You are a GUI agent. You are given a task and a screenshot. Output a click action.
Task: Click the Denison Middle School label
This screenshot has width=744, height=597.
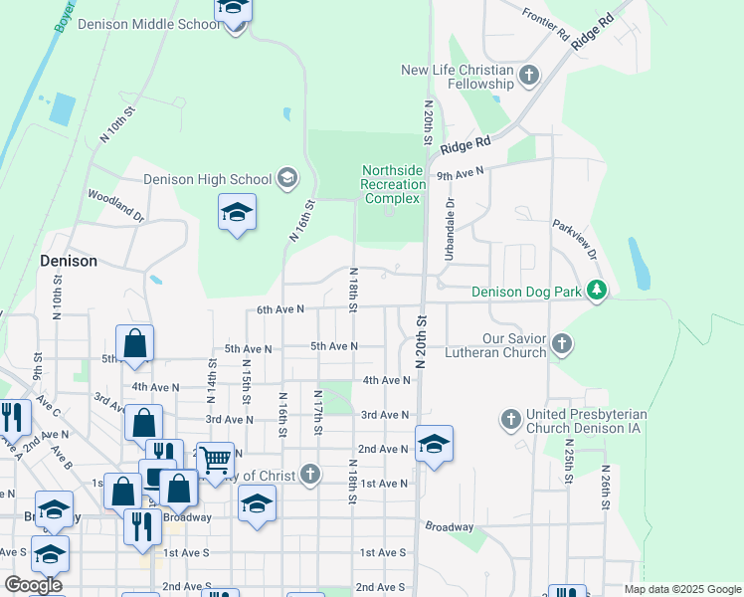click(x=148, y=24)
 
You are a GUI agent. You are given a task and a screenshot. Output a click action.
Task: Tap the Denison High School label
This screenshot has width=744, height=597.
click(x=208, y=180)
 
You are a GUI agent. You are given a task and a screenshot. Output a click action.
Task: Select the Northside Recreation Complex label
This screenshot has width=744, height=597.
click(x=392, y=184)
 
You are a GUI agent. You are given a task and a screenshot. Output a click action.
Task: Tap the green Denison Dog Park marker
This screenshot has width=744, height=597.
click(x=596, y=291)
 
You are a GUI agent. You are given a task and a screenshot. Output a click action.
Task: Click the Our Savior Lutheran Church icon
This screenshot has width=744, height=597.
click(x=562, y=345)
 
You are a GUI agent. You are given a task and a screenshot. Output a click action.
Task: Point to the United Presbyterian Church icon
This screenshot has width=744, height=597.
click(x=511, y=419)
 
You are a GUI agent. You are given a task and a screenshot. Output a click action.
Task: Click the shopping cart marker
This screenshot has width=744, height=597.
click(x=214, y=460)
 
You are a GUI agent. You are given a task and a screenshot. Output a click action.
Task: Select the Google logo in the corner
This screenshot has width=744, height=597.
click(x=33, y=585)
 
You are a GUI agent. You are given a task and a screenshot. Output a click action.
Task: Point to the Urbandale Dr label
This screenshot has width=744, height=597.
click(x=450, y=230)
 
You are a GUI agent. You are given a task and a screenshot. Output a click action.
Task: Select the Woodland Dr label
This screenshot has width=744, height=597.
click(x=116, y=206)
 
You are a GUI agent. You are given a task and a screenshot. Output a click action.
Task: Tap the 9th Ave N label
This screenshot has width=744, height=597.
click(x=460, y=173)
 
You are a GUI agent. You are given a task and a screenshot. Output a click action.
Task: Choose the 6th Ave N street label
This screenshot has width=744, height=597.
click(x=279, y=309)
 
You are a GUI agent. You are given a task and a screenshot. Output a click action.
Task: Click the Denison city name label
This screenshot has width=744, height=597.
click(x=69, y=261)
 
